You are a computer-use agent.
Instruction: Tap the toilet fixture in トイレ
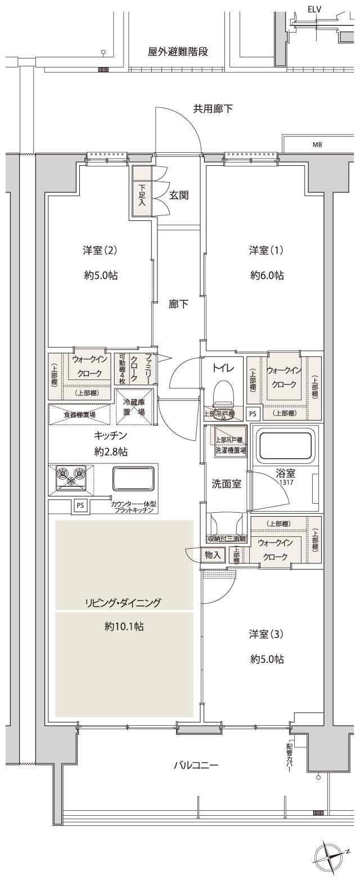click(x=223, y=392)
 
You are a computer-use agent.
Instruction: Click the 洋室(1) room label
click(x=267, y=250)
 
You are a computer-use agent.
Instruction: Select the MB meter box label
click(x=317, y=144)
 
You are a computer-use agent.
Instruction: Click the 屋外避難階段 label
click(x=178, y=52)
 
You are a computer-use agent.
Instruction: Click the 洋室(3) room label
click(x=267, y=634)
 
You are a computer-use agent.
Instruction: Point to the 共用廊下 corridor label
click(x=213, y=109)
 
